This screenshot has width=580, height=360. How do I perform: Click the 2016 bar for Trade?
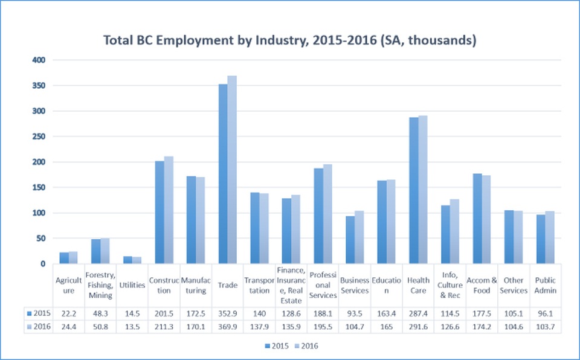pos(232,170)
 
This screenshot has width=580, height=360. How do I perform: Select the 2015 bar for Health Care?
pos(414,190)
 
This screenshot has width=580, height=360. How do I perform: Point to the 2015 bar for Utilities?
pos(128,260)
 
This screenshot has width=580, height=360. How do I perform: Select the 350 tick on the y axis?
pos(39,86)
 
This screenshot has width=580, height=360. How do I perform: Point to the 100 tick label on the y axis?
pos(39,213)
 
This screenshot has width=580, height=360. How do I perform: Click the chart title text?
pos(291,40)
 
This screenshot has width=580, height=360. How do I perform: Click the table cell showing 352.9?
pos(227,313)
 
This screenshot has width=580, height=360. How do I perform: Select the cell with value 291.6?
pos(418,327)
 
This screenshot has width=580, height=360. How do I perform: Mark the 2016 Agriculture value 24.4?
pos(68,327)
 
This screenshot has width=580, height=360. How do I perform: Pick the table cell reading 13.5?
pos(132,327)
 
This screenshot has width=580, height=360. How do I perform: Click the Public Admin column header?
pos(546,285)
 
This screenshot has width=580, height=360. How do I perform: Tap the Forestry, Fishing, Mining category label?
pos(100,285)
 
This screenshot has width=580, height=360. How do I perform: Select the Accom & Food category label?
pos(482,285)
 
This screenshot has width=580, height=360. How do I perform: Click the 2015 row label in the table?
pos(39,313)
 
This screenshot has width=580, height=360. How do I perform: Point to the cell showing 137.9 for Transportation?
pos(259,327)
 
